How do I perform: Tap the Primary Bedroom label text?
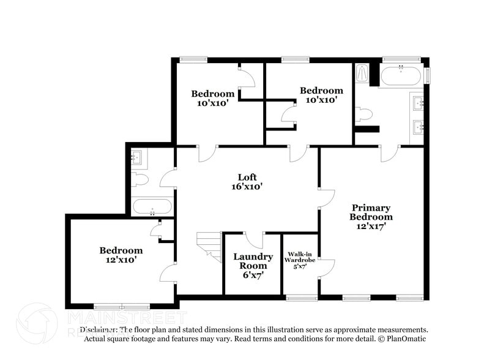click(x=371, y=212)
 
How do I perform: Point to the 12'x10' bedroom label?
click(x=121, y=255)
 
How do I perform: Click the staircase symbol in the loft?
click(x=210, y=246)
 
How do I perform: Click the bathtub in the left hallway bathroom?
click(x=152, y=206)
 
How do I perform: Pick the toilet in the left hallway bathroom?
click(x=140, y=179)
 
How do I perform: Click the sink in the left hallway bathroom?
click(x=136, y=158)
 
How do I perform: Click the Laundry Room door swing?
click(x=255, y=239)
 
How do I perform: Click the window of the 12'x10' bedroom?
click(x=121, y=306)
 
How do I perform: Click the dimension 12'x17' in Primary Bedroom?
click(x=371, y=226)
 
